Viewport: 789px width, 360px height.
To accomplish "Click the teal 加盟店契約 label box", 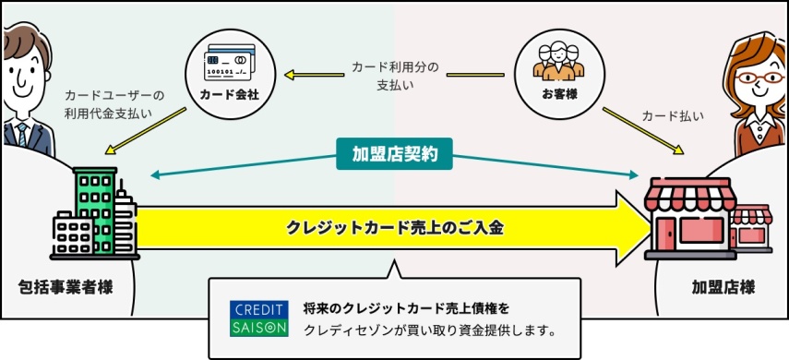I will [395, 154].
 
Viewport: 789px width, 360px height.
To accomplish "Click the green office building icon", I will [94, 212].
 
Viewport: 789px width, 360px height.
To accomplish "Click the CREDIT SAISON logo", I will [259, 318].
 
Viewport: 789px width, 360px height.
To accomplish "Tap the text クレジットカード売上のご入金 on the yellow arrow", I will [395, 227].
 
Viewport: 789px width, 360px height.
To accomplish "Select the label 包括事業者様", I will [66, 287].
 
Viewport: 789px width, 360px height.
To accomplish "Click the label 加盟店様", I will [723, 287].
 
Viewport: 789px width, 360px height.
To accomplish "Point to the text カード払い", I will [673, 116].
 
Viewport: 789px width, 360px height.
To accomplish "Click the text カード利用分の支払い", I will [395, 76].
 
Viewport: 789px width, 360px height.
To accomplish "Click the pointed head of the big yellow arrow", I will [637, 227].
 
